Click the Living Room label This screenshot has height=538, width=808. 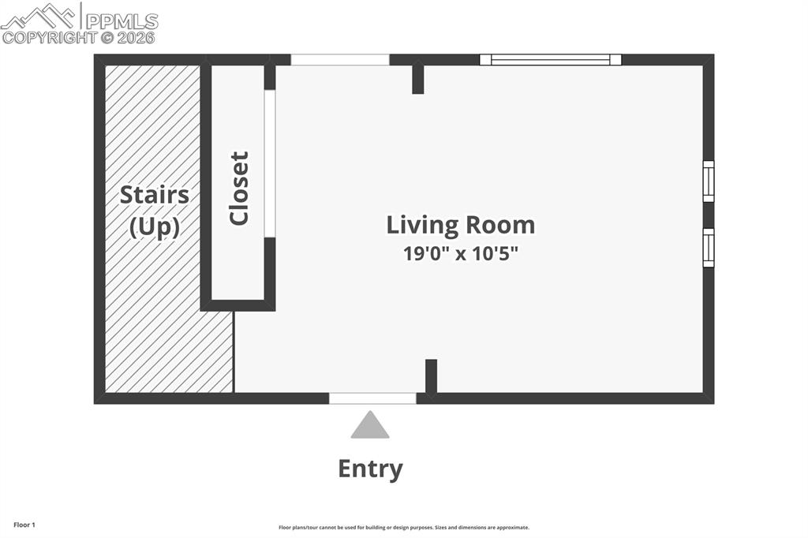coord(460,225)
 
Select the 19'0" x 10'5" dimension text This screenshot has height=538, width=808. coord(460,254)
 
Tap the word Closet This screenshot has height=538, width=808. coord(238,189)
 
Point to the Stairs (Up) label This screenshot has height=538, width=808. coord(154,211)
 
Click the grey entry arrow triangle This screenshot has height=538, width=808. coord(370,425)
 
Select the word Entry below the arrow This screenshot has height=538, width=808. coord(370,469)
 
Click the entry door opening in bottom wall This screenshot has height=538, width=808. coord(372,398)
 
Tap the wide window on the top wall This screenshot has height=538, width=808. coord(551,59)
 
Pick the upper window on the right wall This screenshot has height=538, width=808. coord(709,181)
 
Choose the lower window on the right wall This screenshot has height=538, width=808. coord(709,248)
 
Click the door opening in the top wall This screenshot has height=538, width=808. coord(340,59)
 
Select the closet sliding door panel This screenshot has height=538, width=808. coord(269,163)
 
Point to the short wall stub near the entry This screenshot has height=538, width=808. coord(431,375)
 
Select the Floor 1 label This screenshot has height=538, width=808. coord(24,525)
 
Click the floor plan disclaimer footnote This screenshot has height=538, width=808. coord(403,528)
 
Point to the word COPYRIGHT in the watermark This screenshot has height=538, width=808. coord(50,37)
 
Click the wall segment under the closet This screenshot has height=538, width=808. coord(238,305)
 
